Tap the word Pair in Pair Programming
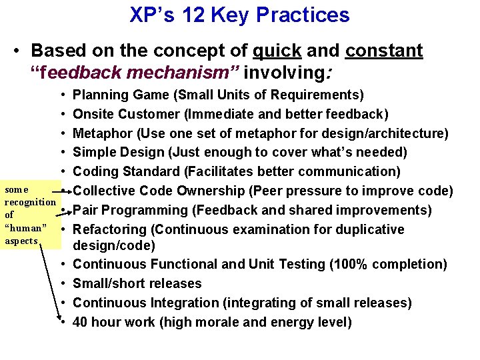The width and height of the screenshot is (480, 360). point(85,211)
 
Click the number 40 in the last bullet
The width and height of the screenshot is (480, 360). point(81,322)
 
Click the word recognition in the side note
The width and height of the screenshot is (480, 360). point(30,202)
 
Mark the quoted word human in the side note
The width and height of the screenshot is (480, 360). point(25,228)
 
